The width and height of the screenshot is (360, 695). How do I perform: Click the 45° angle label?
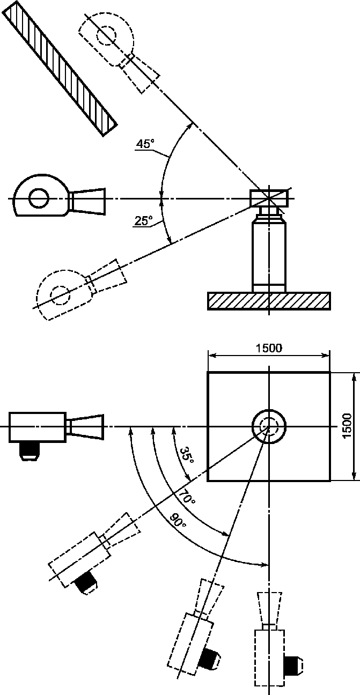click(145, 144)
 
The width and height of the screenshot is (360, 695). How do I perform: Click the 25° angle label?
click(144, 220)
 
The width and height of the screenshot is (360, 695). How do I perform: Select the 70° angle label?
click(187, 497)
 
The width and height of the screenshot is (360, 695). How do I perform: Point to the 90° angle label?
click(178, 521)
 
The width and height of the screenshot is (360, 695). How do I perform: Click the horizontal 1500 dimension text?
click(269, 348)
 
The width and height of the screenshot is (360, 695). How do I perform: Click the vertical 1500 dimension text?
click(347, 426)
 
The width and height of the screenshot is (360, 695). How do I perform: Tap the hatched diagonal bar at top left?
click(60, 68)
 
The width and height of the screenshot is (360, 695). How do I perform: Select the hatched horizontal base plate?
click(269, 301)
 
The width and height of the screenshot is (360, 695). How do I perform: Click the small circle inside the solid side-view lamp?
click(39, 198)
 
